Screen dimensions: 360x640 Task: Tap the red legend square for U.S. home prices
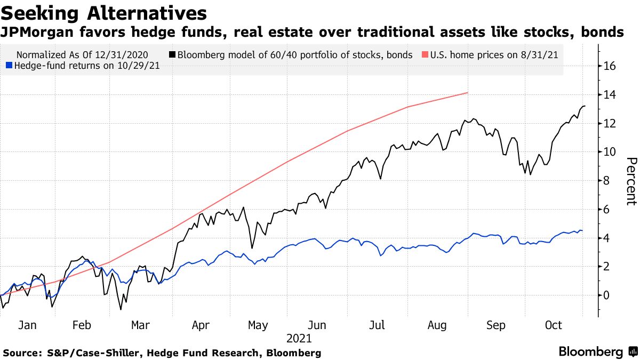pyautogui.click(x=425, y=55)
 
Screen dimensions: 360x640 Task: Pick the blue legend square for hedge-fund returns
pyautogui.click(x=8, y=66)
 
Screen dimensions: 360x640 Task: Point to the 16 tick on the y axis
pyautogui.click(x=610, y=67)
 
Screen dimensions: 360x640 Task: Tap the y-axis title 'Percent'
pyautogui.click(x=631, y=181)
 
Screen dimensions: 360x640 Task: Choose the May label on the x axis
pyautogui.click(x=258, y=325)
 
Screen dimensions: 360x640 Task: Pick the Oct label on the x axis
pyautogui.click(x=553, y=325)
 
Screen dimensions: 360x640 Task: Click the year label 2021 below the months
pyautogui.click(x=299, y=338)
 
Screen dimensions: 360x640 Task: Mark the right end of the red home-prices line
pyautogui.click(x=468, y=93)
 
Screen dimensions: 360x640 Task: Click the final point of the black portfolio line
pyautogui.click(x=585, y=106)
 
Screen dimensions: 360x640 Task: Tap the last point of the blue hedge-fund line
pyautogui.click(x=582, y=230)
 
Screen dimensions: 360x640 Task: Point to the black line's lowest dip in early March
pyautogui.click(x=121, y=309)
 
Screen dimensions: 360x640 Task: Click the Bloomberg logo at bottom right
pyautogui.click(x=590, y=352)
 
